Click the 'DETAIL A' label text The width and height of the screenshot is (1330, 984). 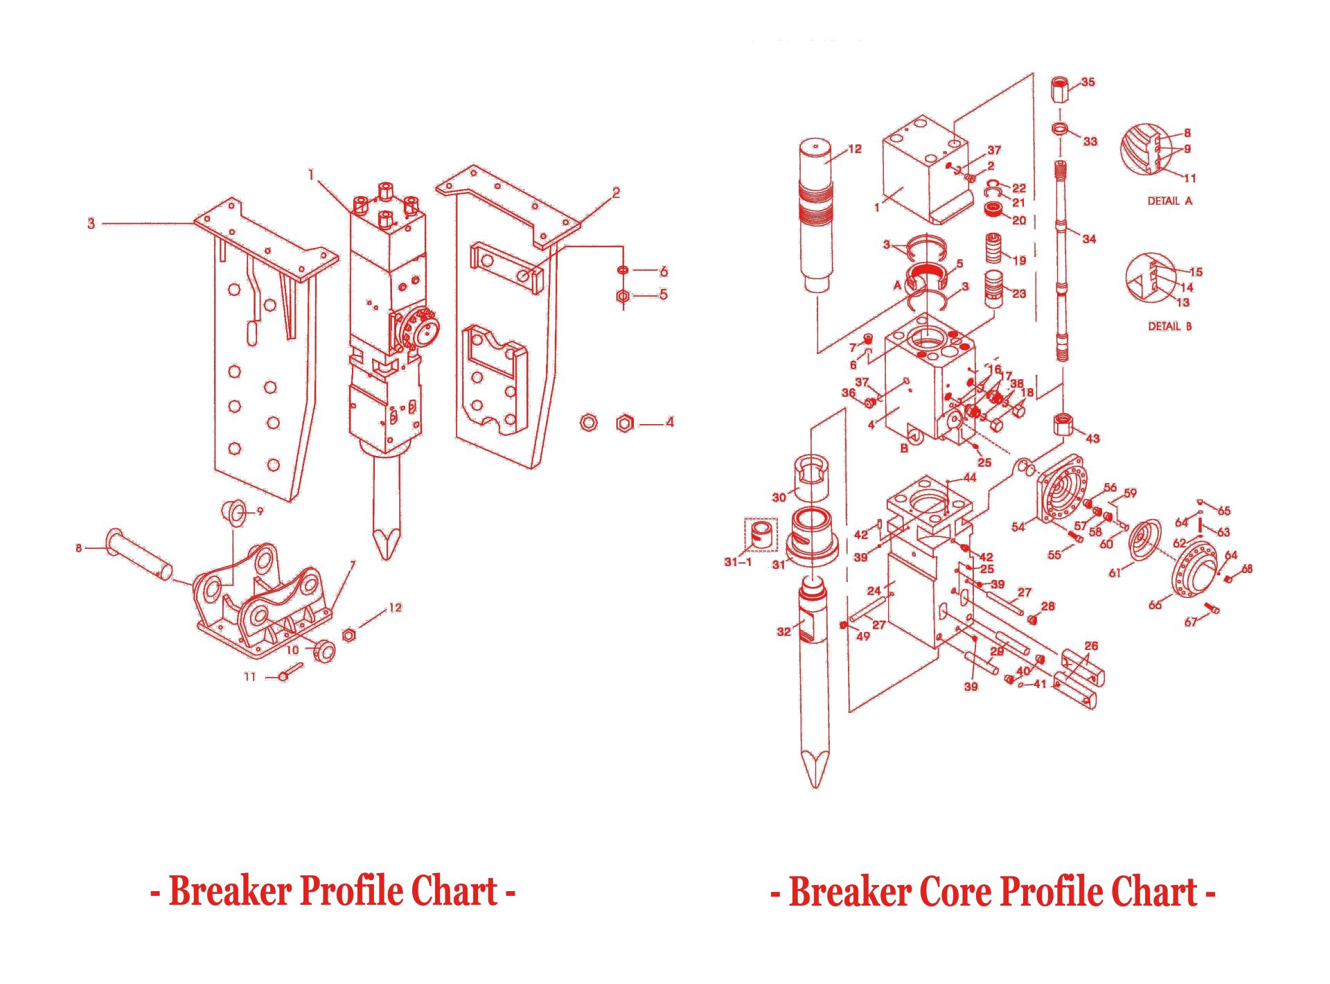click(1170, 201)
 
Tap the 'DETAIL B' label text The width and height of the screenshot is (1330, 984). click(1170, 326)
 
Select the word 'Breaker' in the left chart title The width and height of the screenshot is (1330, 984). click(230, 891)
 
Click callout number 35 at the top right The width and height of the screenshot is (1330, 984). click(1088, 82)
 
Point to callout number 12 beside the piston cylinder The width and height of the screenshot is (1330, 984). click(855, 149)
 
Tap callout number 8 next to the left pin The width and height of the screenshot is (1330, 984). click(78, 548)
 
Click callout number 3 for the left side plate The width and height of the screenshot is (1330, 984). click(91, 223)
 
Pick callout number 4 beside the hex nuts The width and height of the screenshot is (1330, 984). click(669, 422)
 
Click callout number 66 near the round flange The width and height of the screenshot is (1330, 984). click(1155, 605)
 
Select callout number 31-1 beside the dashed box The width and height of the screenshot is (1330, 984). click(738, 562)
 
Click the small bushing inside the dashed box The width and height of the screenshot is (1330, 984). click(761, 535)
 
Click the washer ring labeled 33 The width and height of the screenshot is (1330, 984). click(1060, 129)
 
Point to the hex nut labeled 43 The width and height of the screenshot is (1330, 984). click(1064, 423)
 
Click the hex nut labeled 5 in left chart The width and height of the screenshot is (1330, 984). click(623, 297)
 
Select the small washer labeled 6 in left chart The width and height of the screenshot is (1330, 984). click(623, 270)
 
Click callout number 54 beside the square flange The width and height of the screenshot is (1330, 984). click(1018, 527)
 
